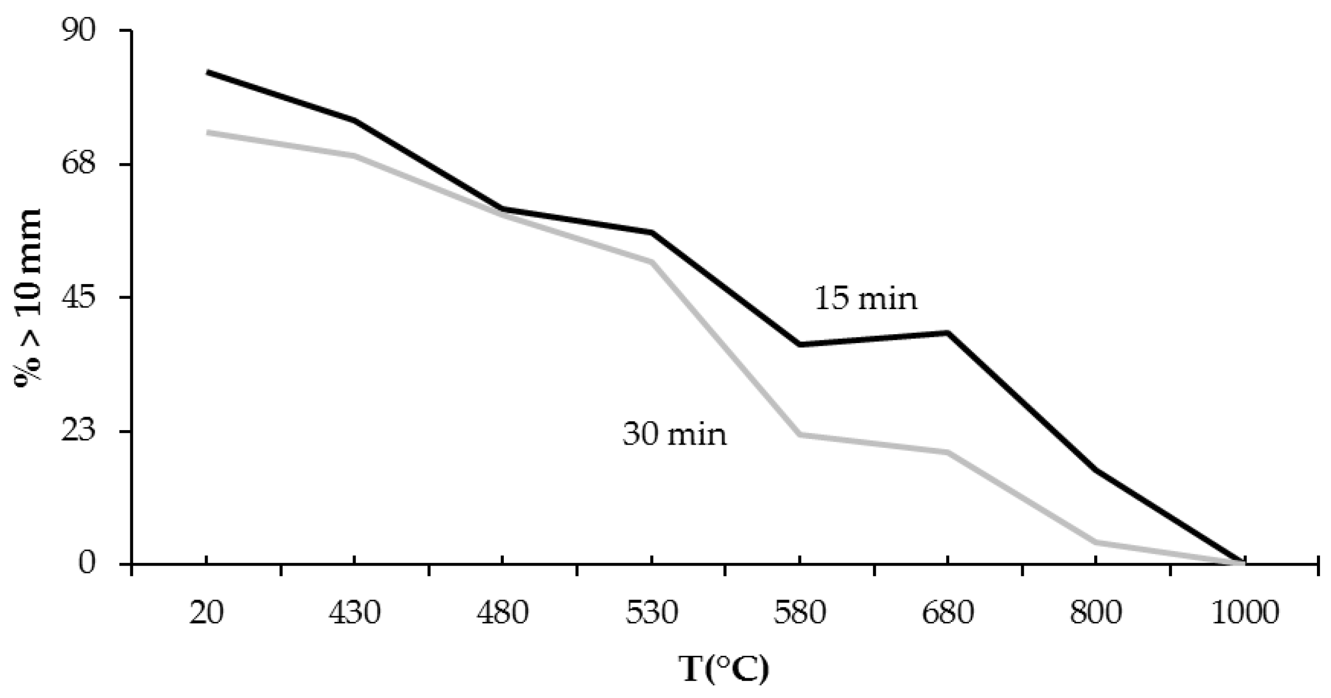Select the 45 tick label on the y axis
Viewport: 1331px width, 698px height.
[x=79, y=298]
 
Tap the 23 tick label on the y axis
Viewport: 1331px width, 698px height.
[x=79, y=431]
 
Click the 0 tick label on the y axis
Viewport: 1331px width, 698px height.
[x=88, y=564]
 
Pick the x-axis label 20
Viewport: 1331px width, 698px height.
[x=207, y=613]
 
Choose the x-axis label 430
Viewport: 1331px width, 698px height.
[x=355, y=613]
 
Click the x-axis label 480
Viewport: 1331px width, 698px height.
[x=502, y=613]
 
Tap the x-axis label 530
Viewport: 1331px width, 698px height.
[x=651, y=613]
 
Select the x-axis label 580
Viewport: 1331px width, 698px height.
[x=799, y=613]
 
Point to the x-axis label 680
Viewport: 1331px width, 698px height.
[x=947, y=613]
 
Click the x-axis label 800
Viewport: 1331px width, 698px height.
[x=1095, y=613]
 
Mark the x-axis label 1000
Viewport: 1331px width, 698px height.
[x=1244, y=613]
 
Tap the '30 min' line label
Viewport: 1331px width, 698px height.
[x=674, y=434]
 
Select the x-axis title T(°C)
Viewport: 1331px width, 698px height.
[x=724, y=669]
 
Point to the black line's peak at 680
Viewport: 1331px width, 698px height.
[x=947, y=333]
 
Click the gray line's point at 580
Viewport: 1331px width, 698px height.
[x=799, y=434]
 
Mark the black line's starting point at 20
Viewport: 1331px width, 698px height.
[x=207, y=72]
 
